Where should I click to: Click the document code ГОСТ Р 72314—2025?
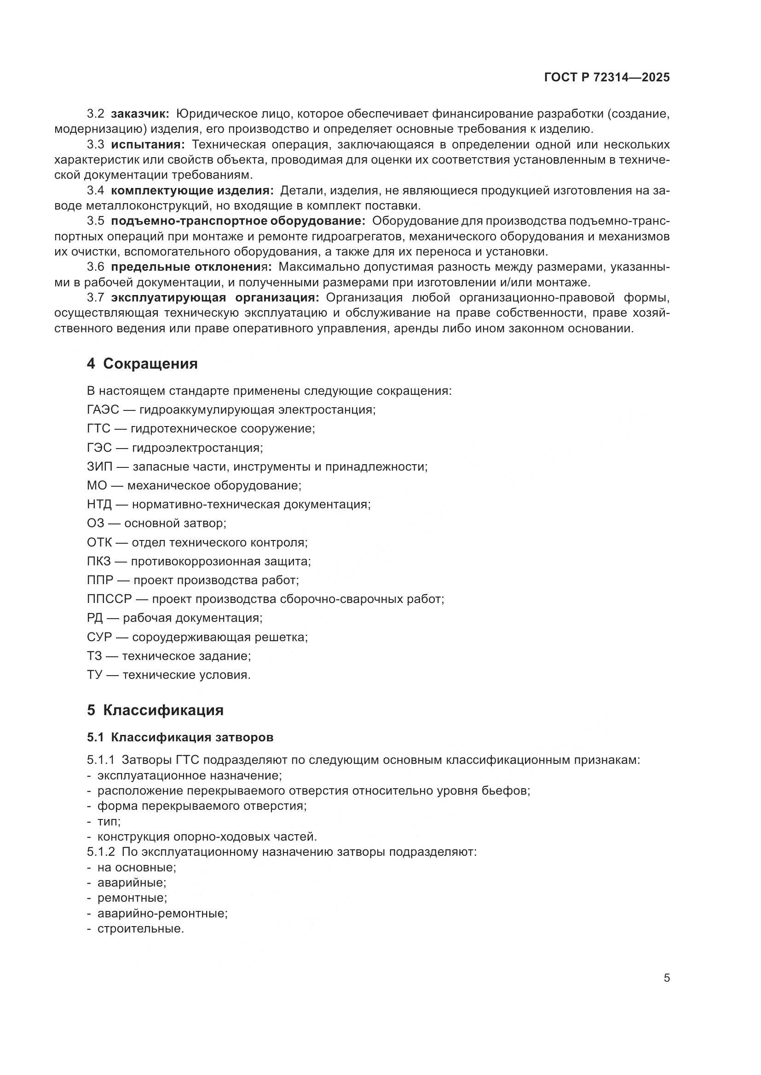(x=607, y=78)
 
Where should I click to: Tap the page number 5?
(x=666, y=978)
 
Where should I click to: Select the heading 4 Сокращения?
(x=142, y=364)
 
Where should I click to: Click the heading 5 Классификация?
(x=155, y=710)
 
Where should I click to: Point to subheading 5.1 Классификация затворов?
(x=180, y=737)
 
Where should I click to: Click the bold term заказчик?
(x=140, y=114)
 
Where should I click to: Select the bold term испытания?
(x=148, y=144)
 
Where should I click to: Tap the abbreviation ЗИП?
(x=98, y=466)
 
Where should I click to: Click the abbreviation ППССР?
(x=109, y=599)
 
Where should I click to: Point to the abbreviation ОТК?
(x=99, y=542)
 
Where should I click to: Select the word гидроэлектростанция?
(x=197, y=448)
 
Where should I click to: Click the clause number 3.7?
(x=96, y=298)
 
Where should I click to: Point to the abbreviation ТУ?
(x=94, y=675)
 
